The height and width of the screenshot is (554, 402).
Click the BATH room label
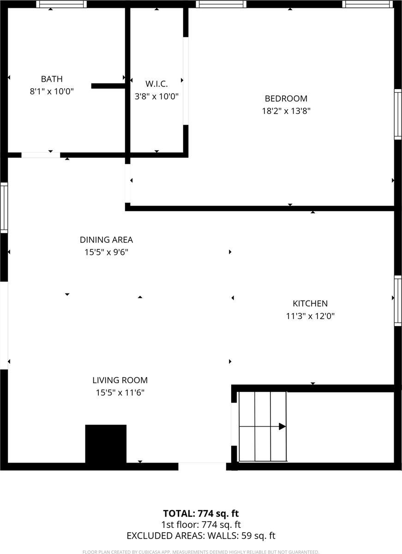(52, 79)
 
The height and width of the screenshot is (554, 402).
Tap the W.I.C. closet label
(156, 84)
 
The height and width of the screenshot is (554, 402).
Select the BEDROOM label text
(286, 98)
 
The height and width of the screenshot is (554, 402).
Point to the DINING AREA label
(106, 240)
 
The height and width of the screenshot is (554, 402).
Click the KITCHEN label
(310, 303)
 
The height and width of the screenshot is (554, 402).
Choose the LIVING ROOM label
(120, 380)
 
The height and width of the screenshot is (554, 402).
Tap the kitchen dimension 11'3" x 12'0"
(310, 316)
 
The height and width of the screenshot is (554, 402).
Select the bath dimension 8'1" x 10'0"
(52, 91)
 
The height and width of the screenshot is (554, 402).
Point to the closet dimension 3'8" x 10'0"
(156, 96)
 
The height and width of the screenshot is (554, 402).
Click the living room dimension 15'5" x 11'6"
(120, 393)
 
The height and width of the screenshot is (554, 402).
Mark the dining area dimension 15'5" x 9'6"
(106, 253)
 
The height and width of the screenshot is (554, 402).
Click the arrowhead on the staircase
(282, 427)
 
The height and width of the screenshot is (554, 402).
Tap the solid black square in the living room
(106, 444)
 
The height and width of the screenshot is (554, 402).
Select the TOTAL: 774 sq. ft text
(201, 513)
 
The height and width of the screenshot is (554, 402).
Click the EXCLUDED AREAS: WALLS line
(201, 536)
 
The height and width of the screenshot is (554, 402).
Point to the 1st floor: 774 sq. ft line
(201, 524)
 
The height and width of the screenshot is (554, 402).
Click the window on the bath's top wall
(61, 4)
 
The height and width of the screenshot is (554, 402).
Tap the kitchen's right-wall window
(398, 301)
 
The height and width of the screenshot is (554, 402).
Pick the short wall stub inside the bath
(108, 86)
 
